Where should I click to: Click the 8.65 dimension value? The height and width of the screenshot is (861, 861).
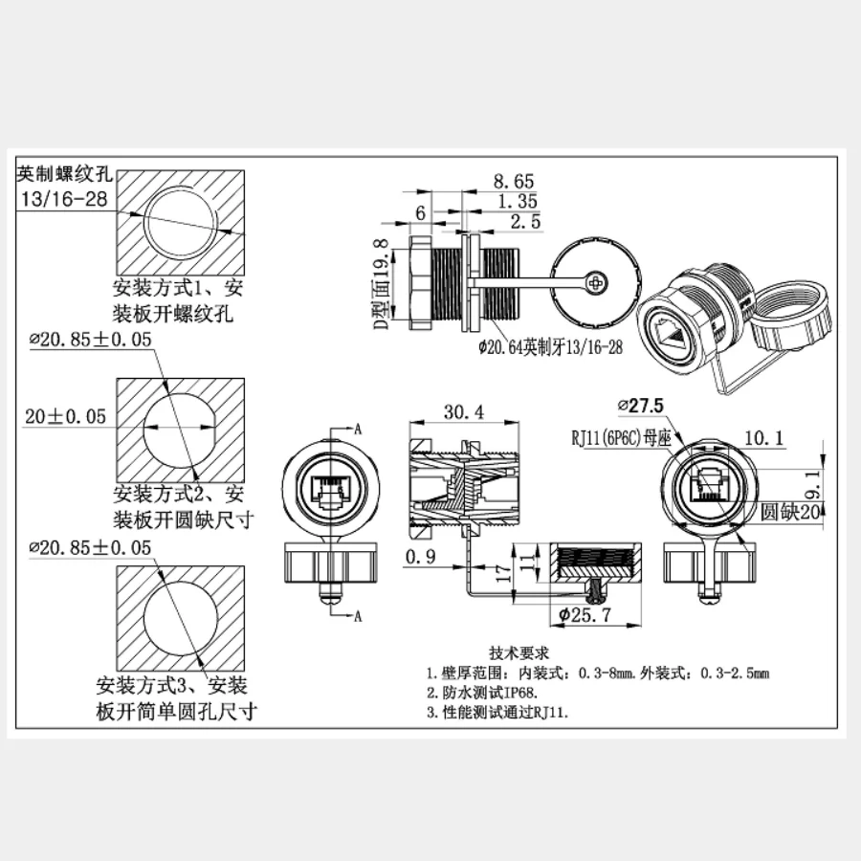point(513,181)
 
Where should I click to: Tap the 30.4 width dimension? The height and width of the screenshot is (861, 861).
point(463,412)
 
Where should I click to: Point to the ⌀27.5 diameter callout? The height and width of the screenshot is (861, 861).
point(641,405)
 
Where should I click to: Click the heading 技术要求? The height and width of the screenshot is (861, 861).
point(518,653)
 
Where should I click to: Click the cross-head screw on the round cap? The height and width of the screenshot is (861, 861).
point(597,282)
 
